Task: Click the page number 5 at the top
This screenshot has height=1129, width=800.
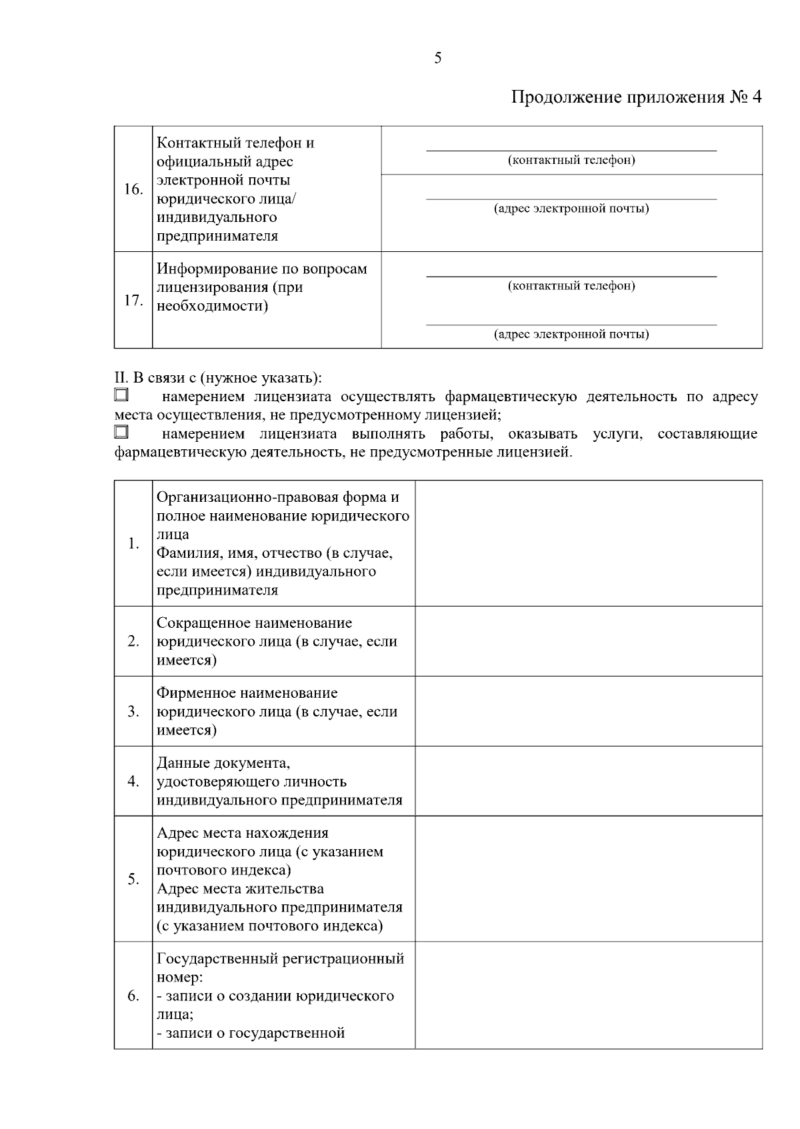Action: (437, 59)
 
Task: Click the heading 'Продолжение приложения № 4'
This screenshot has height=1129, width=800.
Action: (636, 97)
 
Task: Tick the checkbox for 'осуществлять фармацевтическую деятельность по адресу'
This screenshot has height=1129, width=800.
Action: (121, 395)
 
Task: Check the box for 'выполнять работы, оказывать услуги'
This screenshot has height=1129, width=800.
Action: (121, 433)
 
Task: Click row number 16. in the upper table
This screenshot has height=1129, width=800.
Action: (133, 189)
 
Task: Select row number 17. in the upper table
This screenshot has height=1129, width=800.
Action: (133, 301)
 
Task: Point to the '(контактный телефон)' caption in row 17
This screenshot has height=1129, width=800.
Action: (571, 286)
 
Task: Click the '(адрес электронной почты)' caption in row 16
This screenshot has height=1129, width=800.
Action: (571, 209)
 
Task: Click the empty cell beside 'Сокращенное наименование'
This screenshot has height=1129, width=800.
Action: (588, 641)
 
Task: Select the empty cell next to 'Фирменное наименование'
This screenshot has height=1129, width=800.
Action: (588, 711)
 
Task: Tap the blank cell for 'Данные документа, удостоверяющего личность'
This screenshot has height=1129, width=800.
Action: (588, 781)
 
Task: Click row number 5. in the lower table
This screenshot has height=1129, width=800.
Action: (133, 879)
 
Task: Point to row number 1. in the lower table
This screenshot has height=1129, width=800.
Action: (133, 543)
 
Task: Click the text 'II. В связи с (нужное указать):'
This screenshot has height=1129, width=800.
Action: (218, 378)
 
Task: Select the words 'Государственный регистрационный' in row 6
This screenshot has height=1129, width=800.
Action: (280, 959)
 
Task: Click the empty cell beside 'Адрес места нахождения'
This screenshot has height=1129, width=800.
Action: (588, 879)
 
